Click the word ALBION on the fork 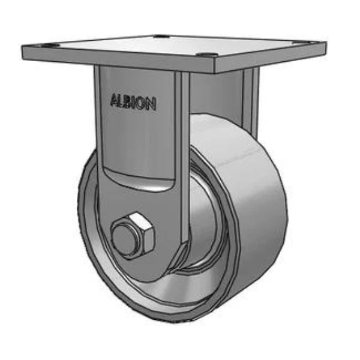pyautogui.click(x=133, y=102)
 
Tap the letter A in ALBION pyautogui.click(x=114, y=100)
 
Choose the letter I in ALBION pyautogui.click(x=136, y=102)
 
